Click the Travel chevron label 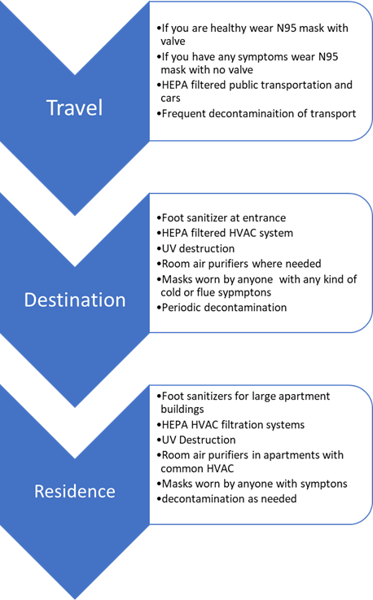tap(75, 107)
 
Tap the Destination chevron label tap(75, 300)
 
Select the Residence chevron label tap(75, 492)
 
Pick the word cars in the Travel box tap(170, 99)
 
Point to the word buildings tap(182, 409)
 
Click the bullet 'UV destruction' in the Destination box tap(195, 249)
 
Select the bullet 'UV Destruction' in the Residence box tap(196, 440)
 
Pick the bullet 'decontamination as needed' tap(226, 499)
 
